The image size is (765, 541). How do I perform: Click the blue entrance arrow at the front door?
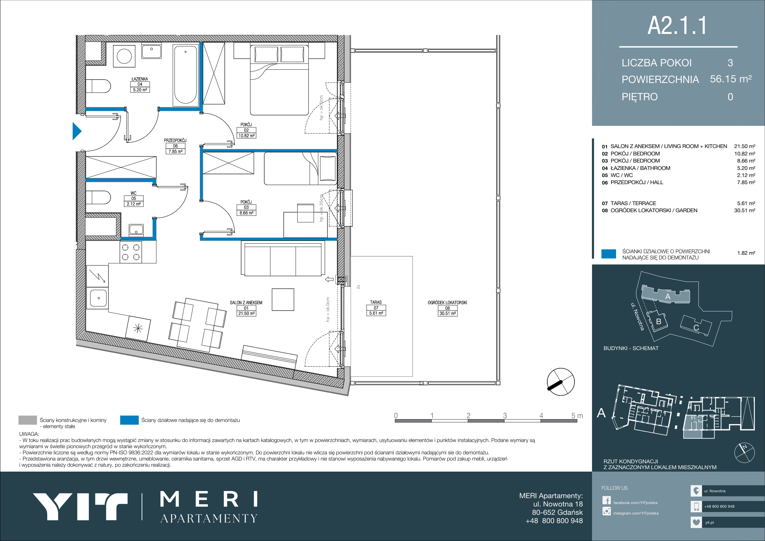[x=77, y=131]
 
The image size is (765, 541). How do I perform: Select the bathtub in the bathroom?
[x=186, y=75]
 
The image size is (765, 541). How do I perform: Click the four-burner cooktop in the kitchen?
[x=131, y=252]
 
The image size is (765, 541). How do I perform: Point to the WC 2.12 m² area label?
[x=134, y=199]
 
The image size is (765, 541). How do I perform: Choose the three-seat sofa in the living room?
[x=283, y=259]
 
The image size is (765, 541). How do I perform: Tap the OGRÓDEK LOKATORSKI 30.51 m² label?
[x=447, y=308]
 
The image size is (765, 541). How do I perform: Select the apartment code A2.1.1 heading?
[x=677, y=26]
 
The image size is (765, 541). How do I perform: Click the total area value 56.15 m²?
[x=731, y=79]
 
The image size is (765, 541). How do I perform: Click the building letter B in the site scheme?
[x=658, y=322]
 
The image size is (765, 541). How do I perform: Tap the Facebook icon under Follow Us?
[x=607, y=501]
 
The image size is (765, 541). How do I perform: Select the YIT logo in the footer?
[x=80, y=507]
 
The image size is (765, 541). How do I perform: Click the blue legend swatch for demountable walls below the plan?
[x=129, y=420]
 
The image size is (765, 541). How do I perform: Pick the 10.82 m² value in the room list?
[x=745, y=154]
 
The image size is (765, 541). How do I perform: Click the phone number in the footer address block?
[x=554, y=521]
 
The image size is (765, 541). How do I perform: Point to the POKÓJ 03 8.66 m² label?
[x=246, y=207]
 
